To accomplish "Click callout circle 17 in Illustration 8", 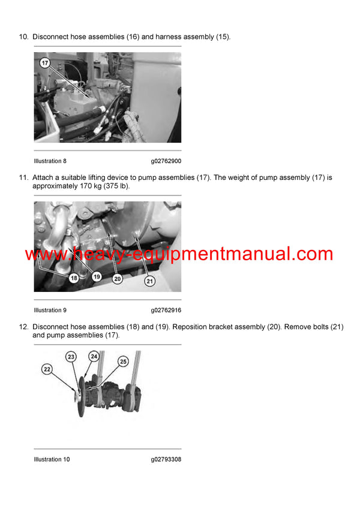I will click(45, 62).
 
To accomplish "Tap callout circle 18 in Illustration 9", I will click(74, 278).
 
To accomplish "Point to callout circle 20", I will click(118, 278).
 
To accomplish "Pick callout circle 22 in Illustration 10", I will click(47, 370).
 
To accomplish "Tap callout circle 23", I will click(71, 357).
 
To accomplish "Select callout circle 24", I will click(94, 355).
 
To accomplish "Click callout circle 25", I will click(123, 362).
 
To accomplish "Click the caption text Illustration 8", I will click(50, 161).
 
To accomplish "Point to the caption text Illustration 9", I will click(50, 311).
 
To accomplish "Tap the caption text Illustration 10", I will click(52, 459).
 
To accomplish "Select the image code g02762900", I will click(166, 161).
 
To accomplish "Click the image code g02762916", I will click(166, 311).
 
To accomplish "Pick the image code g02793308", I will click(166, 459).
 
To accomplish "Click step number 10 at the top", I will click(23, 37).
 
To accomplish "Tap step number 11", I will click(23, 178).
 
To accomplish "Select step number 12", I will click(23, 327).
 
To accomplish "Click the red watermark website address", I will click(179, 254).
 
